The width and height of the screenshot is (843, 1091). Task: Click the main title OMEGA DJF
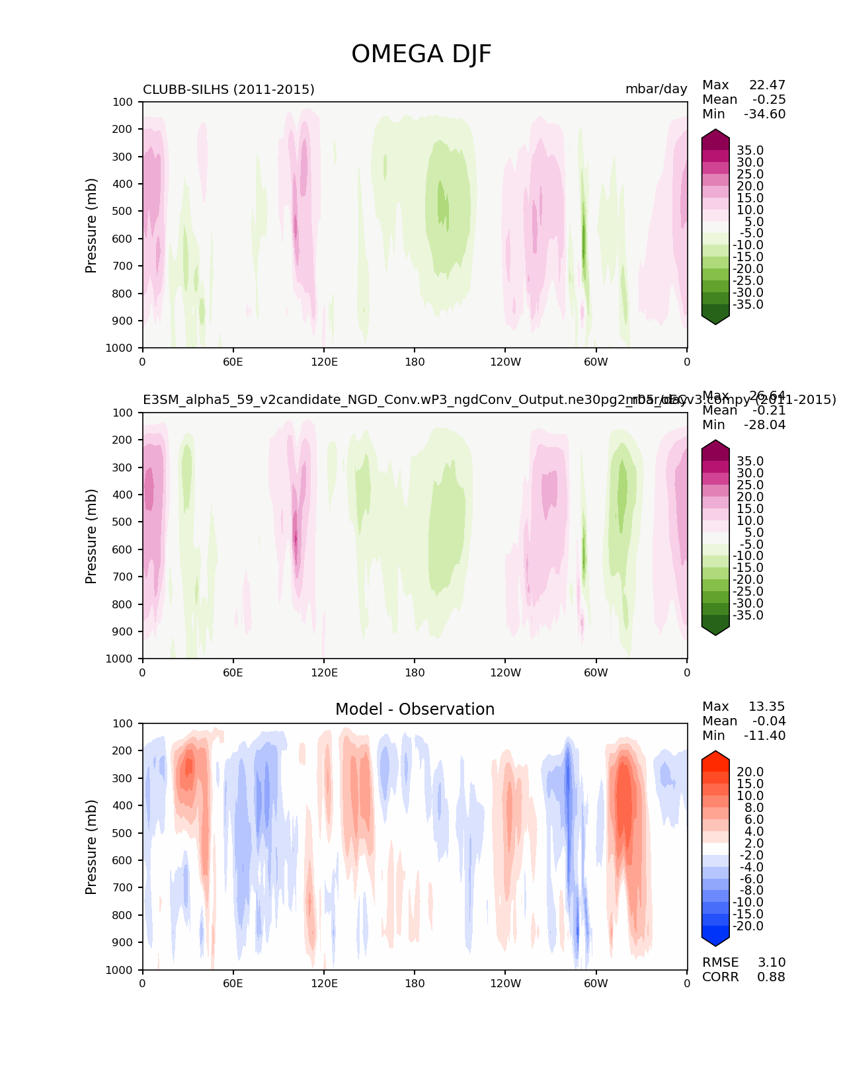(421, 54)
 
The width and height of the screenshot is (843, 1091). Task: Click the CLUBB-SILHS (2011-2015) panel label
(229, 90)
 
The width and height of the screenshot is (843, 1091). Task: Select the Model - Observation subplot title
(415, 709)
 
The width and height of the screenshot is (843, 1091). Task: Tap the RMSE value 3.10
(772, 963)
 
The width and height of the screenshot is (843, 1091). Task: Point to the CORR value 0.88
(772, 977)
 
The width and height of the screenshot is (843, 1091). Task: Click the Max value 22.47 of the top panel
(767, 85)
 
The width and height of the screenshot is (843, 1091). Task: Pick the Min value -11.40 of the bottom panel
(764, 736)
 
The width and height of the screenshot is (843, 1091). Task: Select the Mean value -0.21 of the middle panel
(769, 411)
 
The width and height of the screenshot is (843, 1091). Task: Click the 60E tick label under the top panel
(233, 362)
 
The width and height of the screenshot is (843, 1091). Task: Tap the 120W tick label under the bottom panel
(505, 984)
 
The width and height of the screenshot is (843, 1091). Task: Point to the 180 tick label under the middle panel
(415, 672)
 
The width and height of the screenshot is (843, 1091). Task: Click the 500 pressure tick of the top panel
(124, 212)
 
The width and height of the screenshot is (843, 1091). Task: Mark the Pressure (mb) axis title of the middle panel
(91, 536)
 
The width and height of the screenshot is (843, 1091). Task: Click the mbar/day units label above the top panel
(656, 90)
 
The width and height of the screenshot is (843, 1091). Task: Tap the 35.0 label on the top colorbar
(750, 151)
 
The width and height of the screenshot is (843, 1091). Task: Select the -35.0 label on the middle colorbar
(748, 616)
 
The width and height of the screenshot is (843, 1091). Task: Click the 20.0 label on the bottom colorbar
(750, 772)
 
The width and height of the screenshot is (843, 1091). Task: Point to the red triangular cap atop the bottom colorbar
(715, 757)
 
